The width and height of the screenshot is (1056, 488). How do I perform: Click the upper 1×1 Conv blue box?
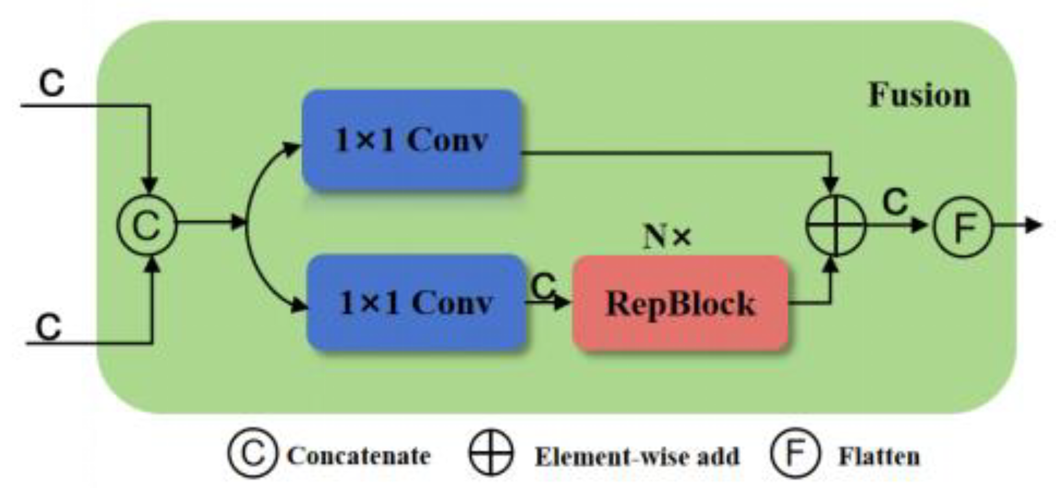click(x=411, y=140)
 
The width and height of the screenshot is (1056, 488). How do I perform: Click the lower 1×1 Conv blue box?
click(x=415, y=302)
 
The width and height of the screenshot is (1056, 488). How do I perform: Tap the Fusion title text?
click(x=919, y=95)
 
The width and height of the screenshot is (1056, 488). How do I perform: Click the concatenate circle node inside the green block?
click(x=147, y=225)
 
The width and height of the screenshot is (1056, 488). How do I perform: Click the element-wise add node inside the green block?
click(x=835, y=225)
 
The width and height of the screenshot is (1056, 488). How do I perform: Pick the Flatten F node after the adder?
click(x=962, y=226)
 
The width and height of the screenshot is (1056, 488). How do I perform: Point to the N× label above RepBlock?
click(x=667, y=236)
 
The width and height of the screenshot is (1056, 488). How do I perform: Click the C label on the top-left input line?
click(x=52, y=83)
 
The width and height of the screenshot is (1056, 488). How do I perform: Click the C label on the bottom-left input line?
click(x=49, y=327)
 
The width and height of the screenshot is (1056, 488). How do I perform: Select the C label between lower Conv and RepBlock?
click(x=543, y=286)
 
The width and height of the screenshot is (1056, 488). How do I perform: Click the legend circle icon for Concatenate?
click(x=253, y=453)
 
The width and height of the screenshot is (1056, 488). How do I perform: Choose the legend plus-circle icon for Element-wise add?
click(x=491, y=453)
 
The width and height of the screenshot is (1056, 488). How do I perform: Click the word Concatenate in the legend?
click(x=359, y=456)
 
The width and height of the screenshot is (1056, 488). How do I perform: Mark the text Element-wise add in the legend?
click(x=637, y=457)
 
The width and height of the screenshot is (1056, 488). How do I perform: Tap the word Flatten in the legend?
click(x=879, y=457)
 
